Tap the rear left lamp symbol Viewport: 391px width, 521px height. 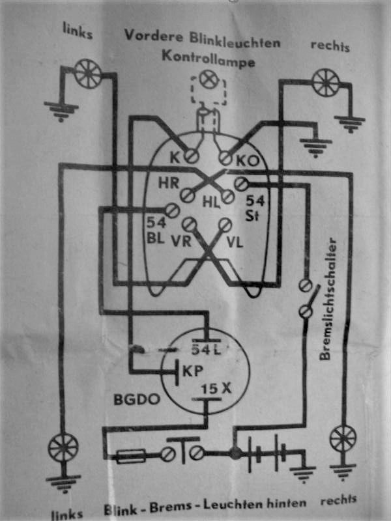(63, 448)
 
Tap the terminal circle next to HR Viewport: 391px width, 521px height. (190, 194)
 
